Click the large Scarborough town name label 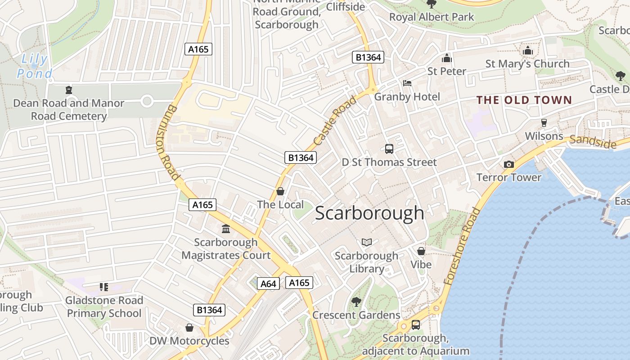tap(369, 213)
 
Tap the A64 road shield tap(268, 283)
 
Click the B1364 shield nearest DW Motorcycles tap(209, 310)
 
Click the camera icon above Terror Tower tap(509, 164)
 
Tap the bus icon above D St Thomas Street tap(389, 148)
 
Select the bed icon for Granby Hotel tap(407, 83)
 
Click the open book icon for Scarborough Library tap(367, 243)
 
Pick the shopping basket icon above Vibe tap(421, 251)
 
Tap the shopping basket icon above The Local tap(280, 191)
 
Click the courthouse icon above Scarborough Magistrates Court tap(226, 229)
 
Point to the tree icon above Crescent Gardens tap(356, 301)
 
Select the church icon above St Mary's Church tap(527, 50)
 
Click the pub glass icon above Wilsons tap(544, 123)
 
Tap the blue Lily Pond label tap(35, 66)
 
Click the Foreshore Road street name tap(462, 246)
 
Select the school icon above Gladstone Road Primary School tap(104, 287)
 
